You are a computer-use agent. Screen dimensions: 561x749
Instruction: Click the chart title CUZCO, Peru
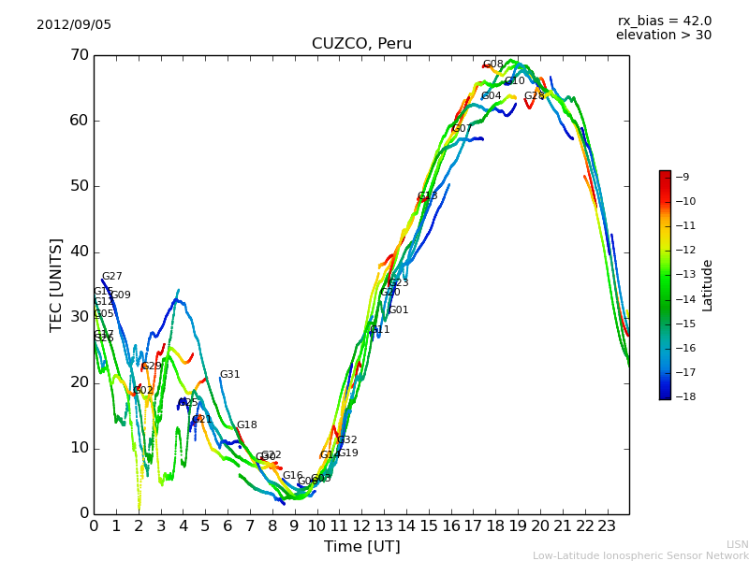click(361, 44)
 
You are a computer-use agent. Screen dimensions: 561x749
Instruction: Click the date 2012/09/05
click(74, 25)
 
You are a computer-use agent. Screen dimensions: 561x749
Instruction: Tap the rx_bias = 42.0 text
click(664, 22)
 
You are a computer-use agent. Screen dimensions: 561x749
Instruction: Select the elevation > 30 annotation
click(663, 36)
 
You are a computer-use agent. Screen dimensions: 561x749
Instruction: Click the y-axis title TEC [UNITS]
click(56, 284)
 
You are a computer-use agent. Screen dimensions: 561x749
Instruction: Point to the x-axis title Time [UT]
click(361, 547)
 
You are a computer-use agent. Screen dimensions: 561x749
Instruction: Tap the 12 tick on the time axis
click(361, 525)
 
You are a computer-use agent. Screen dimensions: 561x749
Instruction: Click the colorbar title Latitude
click(708, 285)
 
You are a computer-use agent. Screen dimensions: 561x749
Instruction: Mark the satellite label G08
click(493, 65)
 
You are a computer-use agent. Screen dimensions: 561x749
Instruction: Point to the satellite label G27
click(111, 277)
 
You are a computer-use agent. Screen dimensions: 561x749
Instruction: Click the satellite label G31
click(229, 375)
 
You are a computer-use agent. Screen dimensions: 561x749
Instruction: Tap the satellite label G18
click(246, 425)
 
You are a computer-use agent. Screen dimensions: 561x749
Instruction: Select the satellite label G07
click(463, 129)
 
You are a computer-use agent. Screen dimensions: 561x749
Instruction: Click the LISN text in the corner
click(737, 544)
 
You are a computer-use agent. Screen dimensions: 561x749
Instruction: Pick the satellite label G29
click(152, 367)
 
